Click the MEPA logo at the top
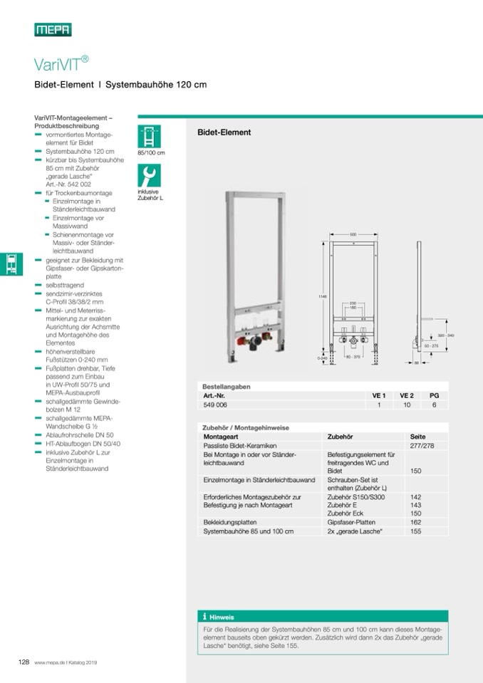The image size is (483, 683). (x=53, y=30)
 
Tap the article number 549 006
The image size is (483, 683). (x=216, y=405)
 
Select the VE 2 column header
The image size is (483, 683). (x=406, y=395)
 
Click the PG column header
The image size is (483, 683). (x=435, y=395)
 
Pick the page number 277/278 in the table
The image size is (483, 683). (x=421, y=445)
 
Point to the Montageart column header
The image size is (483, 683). (x=221, y=436)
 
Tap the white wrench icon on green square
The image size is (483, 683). (x=149, y=174)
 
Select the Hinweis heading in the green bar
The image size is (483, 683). (x=222, y=617)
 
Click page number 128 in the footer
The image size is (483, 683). (x=24, y=662)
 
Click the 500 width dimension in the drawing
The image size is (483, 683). (x=353, y=234)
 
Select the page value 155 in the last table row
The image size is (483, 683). (x=416, y=531)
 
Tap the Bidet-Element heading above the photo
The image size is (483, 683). (x=224, y=132)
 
